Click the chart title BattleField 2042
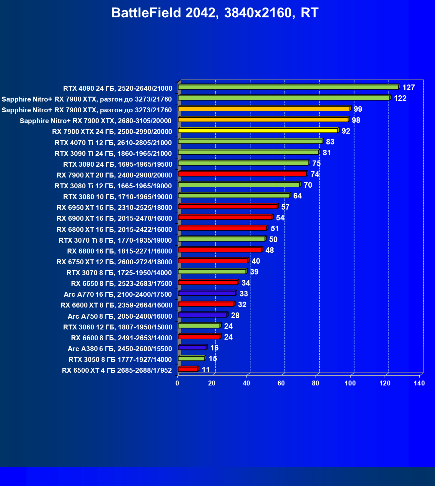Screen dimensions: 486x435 [215, 13]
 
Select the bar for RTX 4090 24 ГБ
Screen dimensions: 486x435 [288, 87]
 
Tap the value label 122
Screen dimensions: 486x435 [400, 98]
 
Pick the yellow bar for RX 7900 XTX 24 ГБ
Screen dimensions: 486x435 [258, 131]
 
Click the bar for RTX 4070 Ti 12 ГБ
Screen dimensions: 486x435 [250, 141]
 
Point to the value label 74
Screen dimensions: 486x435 [315, 174]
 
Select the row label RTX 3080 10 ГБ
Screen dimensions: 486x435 [118, 197]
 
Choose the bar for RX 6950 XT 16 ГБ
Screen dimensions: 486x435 [227, 207]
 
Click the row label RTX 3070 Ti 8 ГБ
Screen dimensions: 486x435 [115, 240]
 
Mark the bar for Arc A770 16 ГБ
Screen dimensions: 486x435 [207, 293]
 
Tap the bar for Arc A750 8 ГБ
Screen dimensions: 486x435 [203, 315]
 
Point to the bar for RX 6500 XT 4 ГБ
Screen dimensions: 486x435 [188, 369]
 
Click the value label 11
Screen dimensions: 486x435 [206, 370]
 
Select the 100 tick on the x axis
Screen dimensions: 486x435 [350, 383]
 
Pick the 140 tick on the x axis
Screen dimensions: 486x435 [419, 383]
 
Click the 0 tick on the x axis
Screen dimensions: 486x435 [177, 383]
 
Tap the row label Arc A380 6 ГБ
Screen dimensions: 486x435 [120, 349]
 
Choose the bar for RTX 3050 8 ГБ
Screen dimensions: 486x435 [191, 359]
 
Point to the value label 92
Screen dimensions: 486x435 [346, 131]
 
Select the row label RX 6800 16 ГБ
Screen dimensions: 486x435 [119, 251]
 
